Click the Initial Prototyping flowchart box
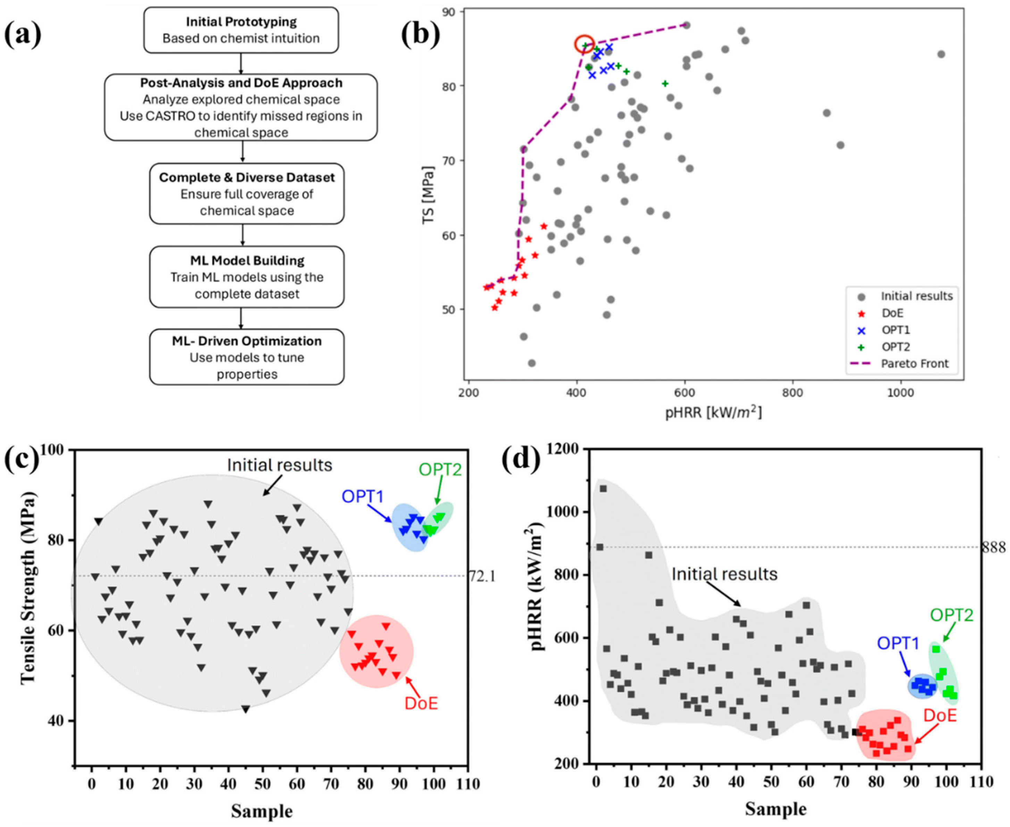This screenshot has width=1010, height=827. [241, 29]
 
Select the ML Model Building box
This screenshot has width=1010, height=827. [247, 277]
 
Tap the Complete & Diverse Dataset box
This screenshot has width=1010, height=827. [247, 193]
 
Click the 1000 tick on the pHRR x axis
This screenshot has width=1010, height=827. [900, 393]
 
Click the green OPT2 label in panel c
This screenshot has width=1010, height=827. [440, 470]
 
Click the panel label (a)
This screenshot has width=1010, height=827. [23, 35]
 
